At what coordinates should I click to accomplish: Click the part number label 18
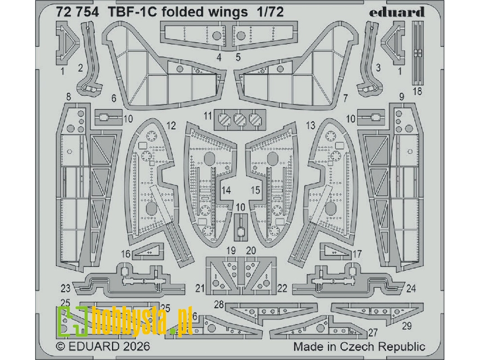coord(417,91)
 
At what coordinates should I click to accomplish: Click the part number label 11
coord(207,116)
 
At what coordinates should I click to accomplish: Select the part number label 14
coord(226,190)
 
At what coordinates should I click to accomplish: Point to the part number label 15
coord(256,190)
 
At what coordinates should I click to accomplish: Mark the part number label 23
coord(66,288)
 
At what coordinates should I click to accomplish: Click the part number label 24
coord(411,288)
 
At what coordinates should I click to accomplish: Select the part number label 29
coord(407,326)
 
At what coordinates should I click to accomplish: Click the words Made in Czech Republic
coord(359,346)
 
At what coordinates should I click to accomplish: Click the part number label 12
coord(170,126)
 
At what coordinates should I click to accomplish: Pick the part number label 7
coord(345,98)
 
